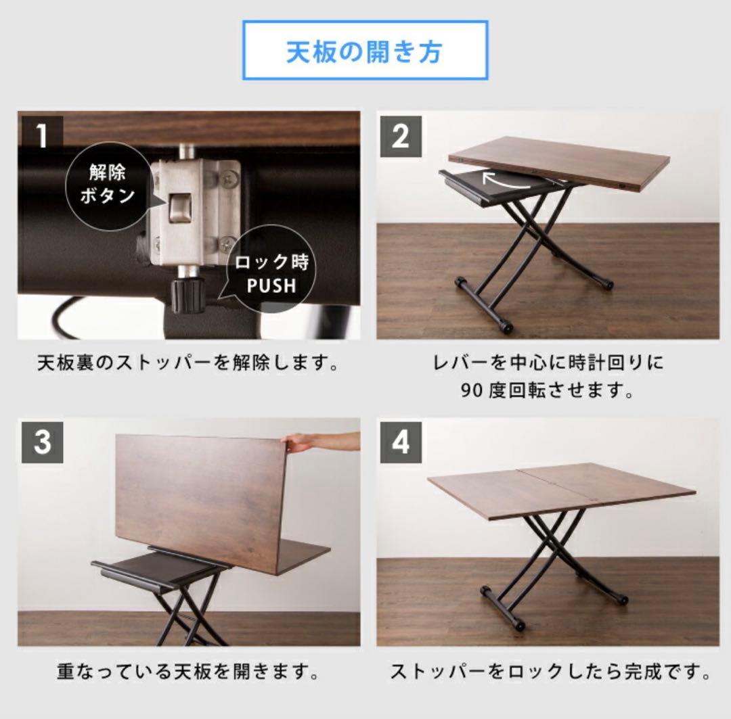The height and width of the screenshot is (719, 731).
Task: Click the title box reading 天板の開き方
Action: (x=365, y=51)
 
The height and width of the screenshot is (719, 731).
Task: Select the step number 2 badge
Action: (x=400, y=136)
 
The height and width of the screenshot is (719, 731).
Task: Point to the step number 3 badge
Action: (x=42, y=442)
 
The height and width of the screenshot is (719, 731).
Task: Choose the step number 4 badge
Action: (x=400, y=442)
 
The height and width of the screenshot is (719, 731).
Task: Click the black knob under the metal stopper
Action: (x=187, y=293)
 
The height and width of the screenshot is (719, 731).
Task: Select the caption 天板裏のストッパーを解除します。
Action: (x=188, y=364)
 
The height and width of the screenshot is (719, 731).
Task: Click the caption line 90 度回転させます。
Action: (x=548, y=391)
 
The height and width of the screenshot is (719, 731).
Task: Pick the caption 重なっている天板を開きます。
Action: (x=188, y=672)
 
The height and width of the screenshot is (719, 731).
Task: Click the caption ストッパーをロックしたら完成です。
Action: (x=550, y=672)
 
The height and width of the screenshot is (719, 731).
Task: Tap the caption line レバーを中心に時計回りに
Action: (x=548, y=363)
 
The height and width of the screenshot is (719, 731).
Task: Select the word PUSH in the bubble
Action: (x=271, y=285)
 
